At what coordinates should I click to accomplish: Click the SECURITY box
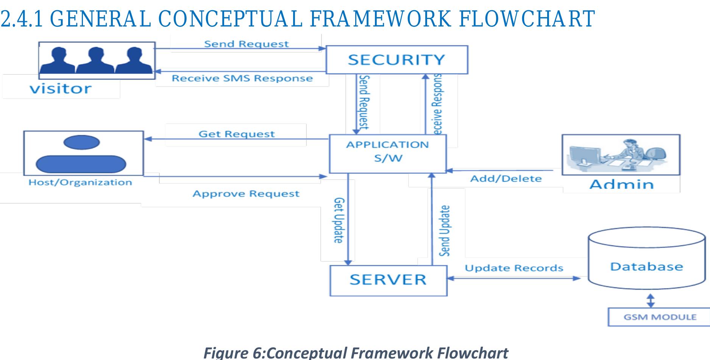pos(396,60)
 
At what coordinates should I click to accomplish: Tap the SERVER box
pos(388,280)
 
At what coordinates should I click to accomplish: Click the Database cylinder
pos(646,261)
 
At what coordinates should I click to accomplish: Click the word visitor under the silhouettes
pos(61,89)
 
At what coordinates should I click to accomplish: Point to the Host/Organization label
pos(80,182)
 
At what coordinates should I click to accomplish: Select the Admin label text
pos(621,184)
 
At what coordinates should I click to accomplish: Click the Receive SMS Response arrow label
pos(242,78)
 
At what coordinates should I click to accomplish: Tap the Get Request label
pos(237,134)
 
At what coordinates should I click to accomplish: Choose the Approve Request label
pos(246,194)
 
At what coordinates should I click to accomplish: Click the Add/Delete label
pos(506,179)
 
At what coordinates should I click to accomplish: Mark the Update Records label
pos(514,268)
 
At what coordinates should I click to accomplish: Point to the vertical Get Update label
pos(339,220)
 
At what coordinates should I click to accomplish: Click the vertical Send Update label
pos(445,231)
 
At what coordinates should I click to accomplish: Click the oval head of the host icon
pos(82,142)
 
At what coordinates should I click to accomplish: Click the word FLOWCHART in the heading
pos(526,19)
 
